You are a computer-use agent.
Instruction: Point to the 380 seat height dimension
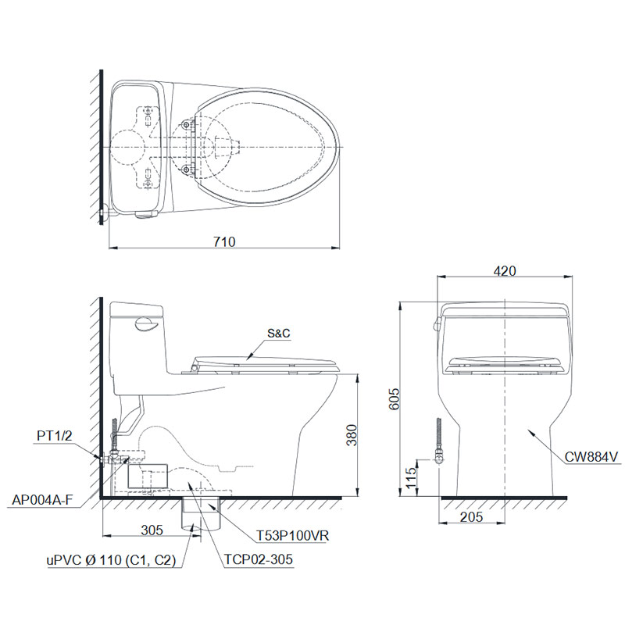point(353,439)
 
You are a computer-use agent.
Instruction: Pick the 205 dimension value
point(473,516)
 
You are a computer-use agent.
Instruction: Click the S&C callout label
point(278,333)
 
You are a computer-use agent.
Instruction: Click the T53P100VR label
point(291,537)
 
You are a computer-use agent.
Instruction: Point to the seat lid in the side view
point(266,361)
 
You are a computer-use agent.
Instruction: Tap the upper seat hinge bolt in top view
point(186,123)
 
